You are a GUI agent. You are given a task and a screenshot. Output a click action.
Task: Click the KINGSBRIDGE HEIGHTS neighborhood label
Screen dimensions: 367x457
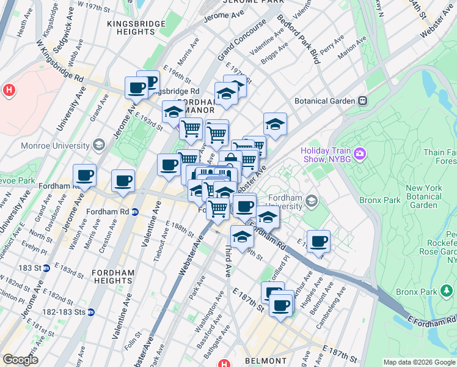[136, 28]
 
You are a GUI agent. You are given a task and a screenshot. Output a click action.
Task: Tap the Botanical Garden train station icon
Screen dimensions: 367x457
[362, 100]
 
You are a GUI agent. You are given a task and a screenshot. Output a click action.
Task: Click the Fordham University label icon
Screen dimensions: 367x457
[312, 201]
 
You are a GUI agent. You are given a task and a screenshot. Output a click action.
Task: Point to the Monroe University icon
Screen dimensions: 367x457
[100, 145]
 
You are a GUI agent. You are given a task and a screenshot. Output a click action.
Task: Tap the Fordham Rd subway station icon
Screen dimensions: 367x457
[136, 212]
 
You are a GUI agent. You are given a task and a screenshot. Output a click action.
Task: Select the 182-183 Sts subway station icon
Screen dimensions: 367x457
[91, 312]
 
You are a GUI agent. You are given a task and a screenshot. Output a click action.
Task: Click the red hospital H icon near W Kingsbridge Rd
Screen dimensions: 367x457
[9, 91]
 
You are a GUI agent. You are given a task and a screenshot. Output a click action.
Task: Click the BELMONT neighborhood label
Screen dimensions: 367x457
[261, 361]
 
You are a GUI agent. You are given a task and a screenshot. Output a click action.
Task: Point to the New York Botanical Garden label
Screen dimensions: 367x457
[428, 197]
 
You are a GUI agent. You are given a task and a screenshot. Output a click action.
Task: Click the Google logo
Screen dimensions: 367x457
[20, 360]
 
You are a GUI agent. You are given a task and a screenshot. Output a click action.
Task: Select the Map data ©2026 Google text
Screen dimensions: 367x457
[419, 362]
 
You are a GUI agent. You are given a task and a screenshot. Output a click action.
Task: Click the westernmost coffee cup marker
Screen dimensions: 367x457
[84, 175]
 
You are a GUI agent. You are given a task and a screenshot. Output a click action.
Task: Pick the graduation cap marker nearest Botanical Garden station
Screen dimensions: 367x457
[275, 124]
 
